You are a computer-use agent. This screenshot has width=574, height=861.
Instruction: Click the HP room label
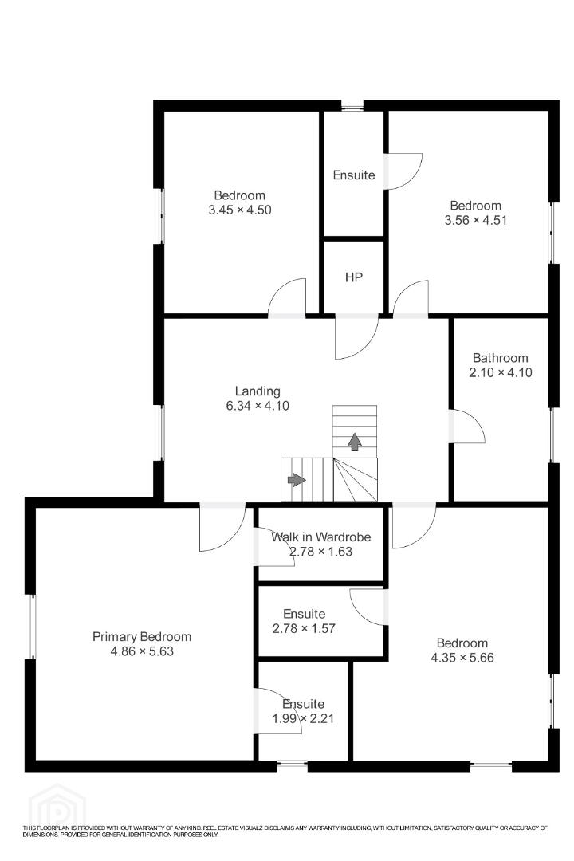(354, 277)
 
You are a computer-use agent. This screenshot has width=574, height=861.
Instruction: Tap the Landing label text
(258, 391)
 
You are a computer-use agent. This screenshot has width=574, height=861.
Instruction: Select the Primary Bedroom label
(142, 636)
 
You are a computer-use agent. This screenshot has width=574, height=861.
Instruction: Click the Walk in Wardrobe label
(320, 537)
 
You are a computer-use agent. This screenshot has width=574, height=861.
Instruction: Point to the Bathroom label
(501, 358)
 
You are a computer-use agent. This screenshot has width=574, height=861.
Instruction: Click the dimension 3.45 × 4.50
(240, 210)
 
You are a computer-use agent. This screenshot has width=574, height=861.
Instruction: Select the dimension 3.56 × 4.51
(476, 220)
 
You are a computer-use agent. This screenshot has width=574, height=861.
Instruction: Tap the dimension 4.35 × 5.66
(462, 657)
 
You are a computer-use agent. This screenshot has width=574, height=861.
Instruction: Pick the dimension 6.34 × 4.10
(258, 406)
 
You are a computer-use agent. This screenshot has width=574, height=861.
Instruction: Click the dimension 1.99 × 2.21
(303, 718)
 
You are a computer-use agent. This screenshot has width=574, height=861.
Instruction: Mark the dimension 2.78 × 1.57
(304, 628)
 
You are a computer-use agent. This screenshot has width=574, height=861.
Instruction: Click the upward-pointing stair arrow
(355, 442)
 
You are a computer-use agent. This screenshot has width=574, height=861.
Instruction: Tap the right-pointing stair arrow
(297, 480)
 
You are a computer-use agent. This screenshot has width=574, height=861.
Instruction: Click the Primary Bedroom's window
(32, 626)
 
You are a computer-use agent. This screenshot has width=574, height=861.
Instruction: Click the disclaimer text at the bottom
(285, 831)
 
